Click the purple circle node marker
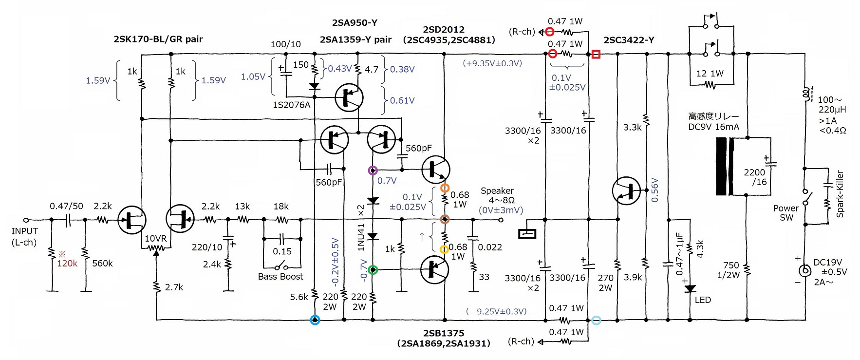373,171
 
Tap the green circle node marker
373,269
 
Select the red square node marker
596,54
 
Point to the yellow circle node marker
444,249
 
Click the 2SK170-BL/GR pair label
158,39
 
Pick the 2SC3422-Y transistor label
629,40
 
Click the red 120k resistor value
67,263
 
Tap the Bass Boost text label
280,277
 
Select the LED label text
703,300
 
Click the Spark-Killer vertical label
840,193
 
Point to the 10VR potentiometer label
155,239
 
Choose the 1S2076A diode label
292,105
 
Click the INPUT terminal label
24,231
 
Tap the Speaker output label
497,190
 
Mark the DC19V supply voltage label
828,263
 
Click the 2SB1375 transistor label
444,333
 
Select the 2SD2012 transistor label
444,30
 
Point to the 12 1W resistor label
710,74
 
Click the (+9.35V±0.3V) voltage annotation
492,63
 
